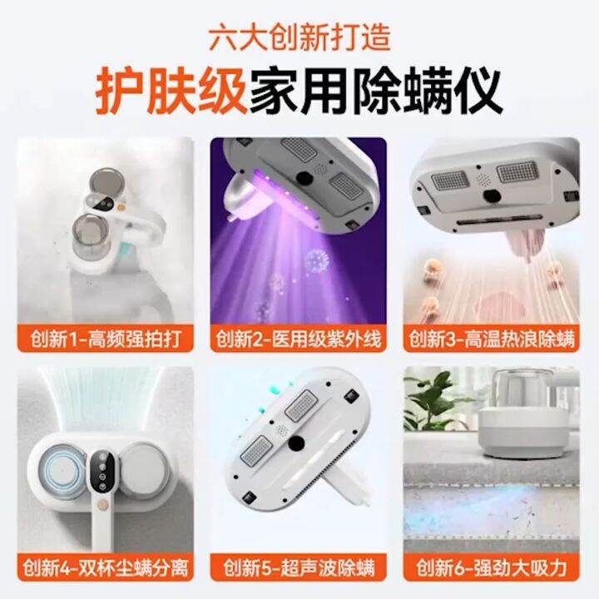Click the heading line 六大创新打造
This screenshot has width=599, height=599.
(299, 38)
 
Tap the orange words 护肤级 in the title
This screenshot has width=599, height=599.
(171, 90)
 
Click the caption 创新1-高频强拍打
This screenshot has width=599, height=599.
(106, 339)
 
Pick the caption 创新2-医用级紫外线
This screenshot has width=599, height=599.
(299, 339)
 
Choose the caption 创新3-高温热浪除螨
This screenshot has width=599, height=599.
(492, 339)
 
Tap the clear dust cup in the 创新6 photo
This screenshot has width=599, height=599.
(520, 391)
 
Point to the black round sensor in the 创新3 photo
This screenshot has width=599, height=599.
(493, 196)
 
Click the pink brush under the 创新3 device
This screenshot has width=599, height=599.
(529, 243)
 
